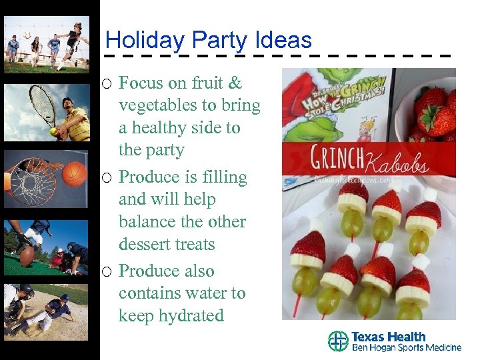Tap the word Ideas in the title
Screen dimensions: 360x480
[x=283, y=40]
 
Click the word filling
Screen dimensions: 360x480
[x=221, y=177]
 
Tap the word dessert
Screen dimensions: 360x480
[x=149, y=244]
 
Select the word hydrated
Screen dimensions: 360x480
[x=192, y=315]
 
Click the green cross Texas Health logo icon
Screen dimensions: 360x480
[x=338, y=341]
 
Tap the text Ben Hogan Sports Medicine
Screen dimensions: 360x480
[x=406, y=347]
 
